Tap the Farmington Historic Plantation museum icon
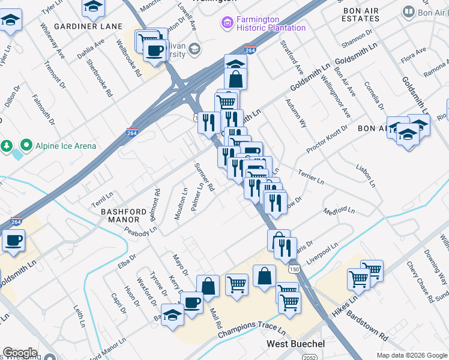[227, 23]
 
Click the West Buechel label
[295, 344]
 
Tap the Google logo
[20, 353]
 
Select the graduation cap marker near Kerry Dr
[172, 315]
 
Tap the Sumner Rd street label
[203, 176]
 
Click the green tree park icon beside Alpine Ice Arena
[7, 145]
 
